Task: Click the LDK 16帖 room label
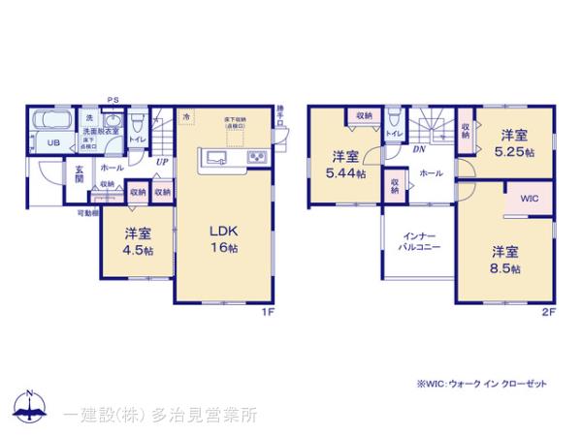tap(225, 237)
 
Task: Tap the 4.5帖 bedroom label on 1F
tap(137, 239)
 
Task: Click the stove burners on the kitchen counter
tap(258, 157)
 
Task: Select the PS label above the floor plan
tap(113, 98)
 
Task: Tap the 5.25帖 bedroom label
tap(513, 142)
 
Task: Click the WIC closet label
tap(529, 199)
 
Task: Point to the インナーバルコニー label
tap(418, 240)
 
